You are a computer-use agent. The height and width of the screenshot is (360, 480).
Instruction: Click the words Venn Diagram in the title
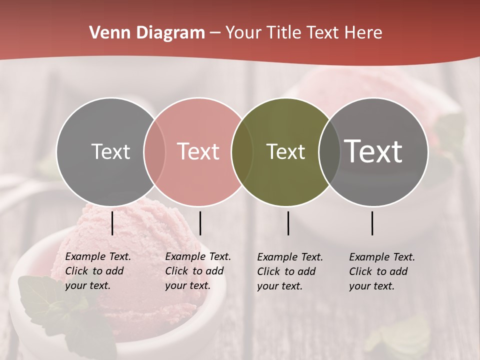coord(147,33)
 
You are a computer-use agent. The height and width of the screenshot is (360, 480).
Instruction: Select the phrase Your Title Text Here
coord(303,33)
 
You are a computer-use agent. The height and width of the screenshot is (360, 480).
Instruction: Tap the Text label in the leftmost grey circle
coord(110,151)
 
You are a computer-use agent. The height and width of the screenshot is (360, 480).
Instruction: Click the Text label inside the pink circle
coord(198,151)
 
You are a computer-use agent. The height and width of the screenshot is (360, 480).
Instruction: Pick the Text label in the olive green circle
coord(285,151)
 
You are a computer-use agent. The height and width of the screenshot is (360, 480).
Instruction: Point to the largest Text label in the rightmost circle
coord(373,151)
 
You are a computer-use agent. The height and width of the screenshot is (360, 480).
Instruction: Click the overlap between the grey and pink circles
coord(154,152)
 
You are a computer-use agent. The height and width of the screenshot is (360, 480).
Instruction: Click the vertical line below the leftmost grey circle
coord(112,223)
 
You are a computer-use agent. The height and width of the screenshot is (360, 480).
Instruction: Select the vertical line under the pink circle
coord(200,223)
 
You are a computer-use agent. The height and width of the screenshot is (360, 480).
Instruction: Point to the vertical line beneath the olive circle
coord(288,223)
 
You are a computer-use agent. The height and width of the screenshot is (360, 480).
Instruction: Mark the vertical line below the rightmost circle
coord(372,223)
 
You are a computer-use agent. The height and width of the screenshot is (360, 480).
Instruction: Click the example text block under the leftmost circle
coord(97,271)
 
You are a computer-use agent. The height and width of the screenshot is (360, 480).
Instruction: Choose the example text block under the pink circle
coord(197,271)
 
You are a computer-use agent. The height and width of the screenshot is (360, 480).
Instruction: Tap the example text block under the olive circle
coord(289,271)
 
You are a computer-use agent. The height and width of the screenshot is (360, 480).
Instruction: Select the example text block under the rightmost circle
coord(381,271)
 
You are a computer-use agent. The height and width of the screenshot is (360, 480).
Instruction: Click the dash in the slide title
coord(215,33)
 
